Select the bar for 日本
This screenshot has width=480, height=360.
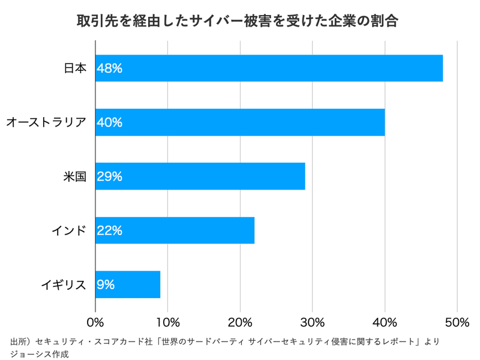click(x=269, y=68)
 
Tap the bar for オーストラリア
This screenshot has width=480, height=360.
click(x=240, y=122)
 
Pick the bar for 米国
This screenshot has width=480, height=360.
click(x=200, y=176)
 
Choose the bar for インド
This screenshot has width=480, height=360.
click(x=175, y=230)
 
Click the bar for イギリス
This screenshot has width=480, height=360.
click(x=128, y=284)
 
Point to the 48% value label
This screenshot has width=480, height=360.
click(x=110, y=68)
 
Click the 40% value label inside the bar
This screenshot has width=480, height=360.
click(x=110, y=122)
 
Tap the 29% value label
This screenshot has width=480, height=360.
click(x=110, y=176)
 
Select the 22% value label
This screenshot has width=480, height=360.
click(x=110, y=230)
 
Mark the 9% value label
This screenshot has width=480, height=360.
click(x=106, y=284)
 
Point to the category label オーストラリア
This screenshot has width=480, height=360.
click(x=46, y=122)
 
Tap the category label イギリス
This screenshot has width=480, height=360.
click(x=64, y=284)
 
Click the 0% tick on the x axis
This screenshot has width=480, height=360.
click(x=95, y=322)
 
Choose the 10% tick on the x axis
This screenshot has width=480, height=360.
click(x=168, y=322)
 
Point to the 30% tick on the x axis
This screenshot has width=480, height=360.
click(x=313, y=322)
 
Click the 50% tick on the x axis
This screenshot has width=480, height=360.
click(x=457, y=322)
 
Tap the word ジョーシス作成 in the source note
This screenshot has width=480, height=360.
click(x=40, y=353)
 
